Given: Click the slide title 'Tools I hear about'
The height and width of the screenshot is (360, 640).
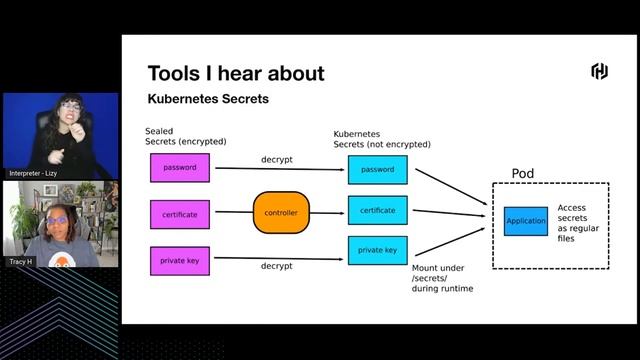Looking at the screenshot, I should pyautogui.click(x=235, y=73).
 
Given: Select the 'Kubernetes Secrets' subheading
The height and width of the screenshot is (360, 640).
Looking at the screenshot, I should pyautogui.click(x=208, y=100).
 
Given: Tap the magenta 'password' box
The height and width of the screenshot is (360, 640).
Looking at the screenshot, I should pyautogui.click(x=180, y=167).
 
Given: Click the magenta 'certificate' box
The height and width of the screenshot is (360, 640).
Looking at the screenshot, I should pyautogui.click(x=180, y=214).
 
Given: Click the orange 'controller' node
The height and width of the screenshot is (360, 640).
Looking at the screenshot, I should pyautogui.click(x=282, y=213).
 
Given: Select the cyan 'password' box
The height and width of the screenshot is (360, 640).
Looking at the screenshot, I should pyautogui.click(x=377, y=170).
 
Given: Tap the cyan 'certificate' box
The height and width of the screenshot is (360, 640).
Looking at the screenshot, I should pyautogui.click(x=377, y=210).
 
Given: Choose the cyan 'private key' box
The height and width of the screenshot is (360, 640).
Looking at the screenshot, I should pyautogui.click(x=377, y=250).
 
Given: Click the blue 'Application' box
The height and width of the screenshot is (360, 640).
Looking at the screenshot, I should pyautogui.click(x=526, y=221).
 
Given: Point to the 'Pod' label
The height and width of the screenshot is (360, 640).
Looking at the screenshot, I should pyautogui.click(x=522, y=173).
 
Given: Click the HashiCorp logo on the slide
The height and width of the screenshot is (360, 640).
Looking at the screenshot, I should pyautogui.click(x=599, y=71).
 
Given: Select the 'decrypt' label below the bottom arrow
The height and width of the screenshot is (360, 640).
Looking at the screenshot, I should pyautogui.click(x=276, y=267).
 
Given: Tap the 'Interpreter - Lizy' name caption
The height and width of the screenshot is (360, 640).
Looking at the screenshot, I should pyautogui.click(x=34, y=173).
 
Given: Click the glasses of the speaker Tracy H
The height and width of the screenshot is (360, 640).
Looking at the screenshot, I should pyautogui.click(x=58, y=220).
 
